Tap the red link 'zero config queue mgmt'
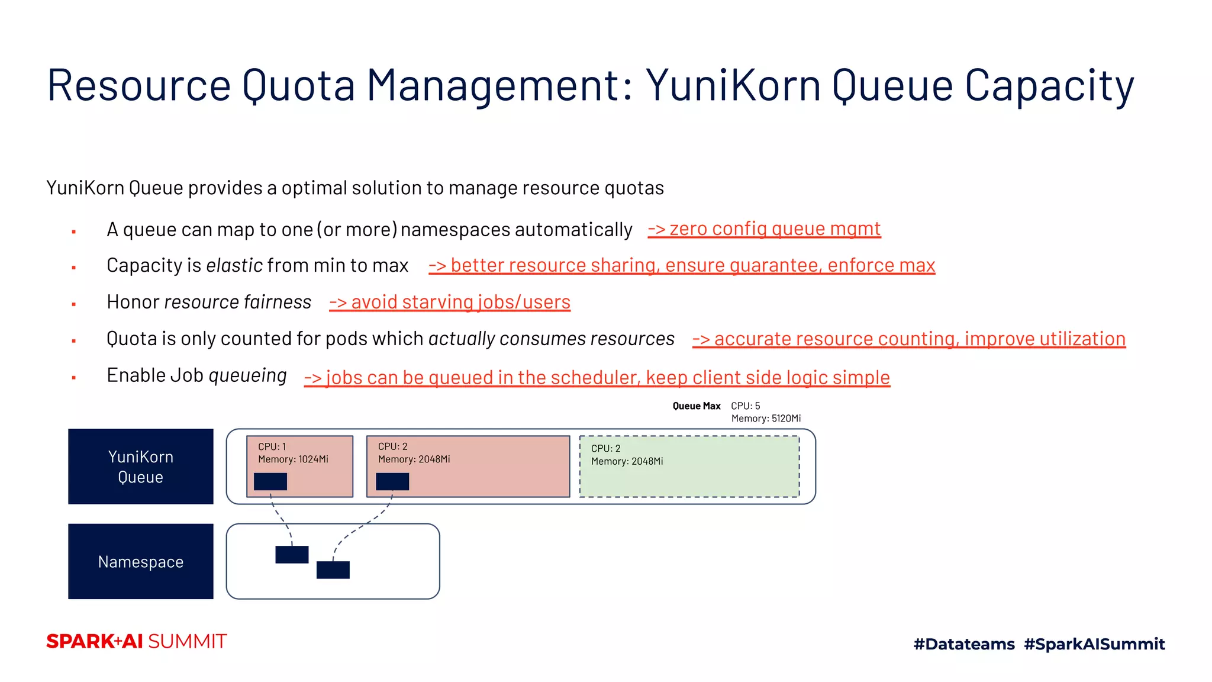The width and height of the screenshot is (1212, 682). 764,229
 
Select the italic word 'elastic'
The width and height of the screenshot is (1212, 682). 234,265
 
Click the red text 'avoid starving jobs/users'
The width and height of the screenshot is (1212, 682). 450,303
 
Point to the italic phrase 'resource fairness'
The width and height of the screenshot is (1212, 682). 237,303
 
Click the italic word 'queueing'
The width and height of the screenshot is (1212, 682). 247,375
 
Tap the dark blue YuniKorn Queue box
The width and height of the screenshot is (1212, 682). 141,467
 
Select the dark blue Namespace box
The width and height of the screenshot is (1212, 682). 141,561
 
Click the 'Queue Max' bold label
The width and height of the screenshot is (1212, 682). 697,406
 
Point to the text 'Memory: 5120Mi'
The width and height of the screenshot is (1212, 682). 766,419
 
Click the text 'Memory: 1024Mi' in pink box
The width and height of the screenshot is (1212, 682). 293,459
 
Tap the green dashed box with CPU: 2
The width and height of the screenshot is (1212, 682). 689,474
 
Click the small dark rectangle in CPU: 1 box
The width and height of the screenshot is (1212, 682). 270,481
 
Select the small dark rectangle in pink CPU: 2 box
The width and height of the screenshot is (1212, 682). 392,481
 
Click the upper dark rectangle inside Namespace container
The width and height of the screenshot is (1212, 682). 292,555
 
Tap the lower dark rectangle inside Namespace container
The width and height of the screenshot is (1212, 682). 333,570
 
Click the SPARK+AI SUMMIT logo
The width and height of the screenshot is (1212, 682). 137,642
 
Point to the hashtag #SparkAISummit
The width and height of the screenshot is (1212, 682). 1094,644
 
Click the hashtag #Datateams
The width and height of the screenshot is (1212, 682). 964,644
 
